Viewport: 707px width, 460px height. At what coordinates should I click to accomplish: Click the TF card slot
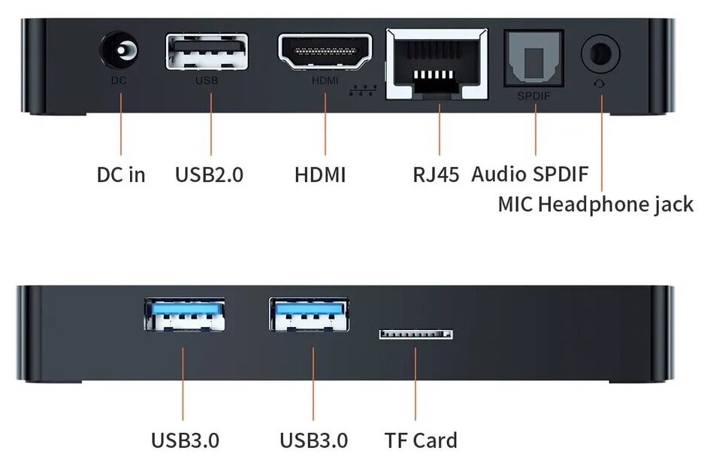pyautogui.click(x=415, y=333)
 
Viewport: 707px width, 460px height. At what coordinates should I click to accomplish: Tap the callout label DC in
pyautogui.click(x=121, y=175)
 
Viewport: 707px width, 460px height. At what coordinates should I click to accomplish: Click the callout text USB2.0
pyautogui.click(x=210, y=175)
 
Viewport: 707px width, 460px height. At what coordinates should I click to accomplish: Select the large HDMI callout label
pyautogui.click(x=320, y=175)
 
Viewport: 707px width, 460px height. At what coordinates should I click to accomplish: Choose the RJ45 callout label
pyautogui.click(x=436, y=175)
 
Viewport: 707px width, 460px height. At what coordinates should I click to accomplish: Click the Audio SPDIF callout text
pyautogui.click(x=530, y=174)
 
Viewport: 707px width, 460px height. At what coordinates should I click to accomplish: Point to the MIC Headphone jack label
pyautogui.click(x=595, y=204)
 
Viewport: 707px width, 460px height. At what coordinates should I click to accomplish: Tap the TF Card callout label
pyautogui.click(x=420, y=440)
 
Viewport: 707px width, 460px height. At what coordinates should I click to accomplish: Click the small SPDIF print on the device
pyautogui.click(x=534, y=96)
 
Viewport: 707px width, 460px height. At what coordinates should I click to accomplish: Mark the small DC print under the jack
pyautogui.click(x=119, y=80)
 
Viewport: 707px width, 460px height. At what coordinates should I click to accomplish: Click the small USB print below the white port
pyautogui.click(x=207, y=80)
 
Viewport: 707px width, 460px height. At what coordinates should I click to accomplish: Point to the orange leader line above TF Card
pyautogui.click(x=415, y=383)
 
